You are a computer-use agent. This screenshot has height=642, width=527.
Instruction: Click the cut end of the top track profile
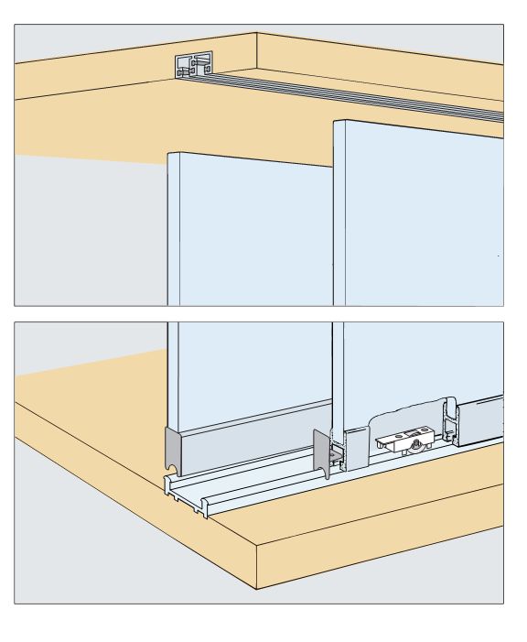pos(194,67)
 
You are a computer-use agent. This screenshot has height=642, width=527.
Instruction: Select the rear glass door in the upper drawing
pos(247,229)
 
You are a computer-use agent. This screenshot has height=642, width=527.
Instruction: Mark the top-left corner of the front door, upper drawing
pos(335,121)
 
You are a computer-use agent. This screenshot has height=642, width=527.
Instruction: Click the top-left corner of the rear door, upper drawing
pos(169,153)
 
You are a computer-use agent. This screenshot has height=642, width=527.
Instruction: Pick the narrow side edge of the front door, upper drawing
pos(339,220)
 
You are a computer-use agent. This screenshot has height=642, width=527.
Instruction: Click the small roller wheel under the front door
pos(417,446)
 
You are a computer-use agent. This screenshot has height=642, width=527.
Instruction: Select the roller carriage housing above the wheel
pos(403,439)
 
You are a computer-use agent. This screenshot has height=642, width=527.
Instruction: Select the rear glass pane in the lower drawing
pos(247,366)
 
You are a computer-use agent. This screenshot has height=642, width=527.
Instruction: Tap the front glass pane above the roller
pos(421,366)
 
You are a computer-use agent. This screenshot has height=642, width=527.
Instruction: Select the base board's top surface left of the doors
pos(82,430)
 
